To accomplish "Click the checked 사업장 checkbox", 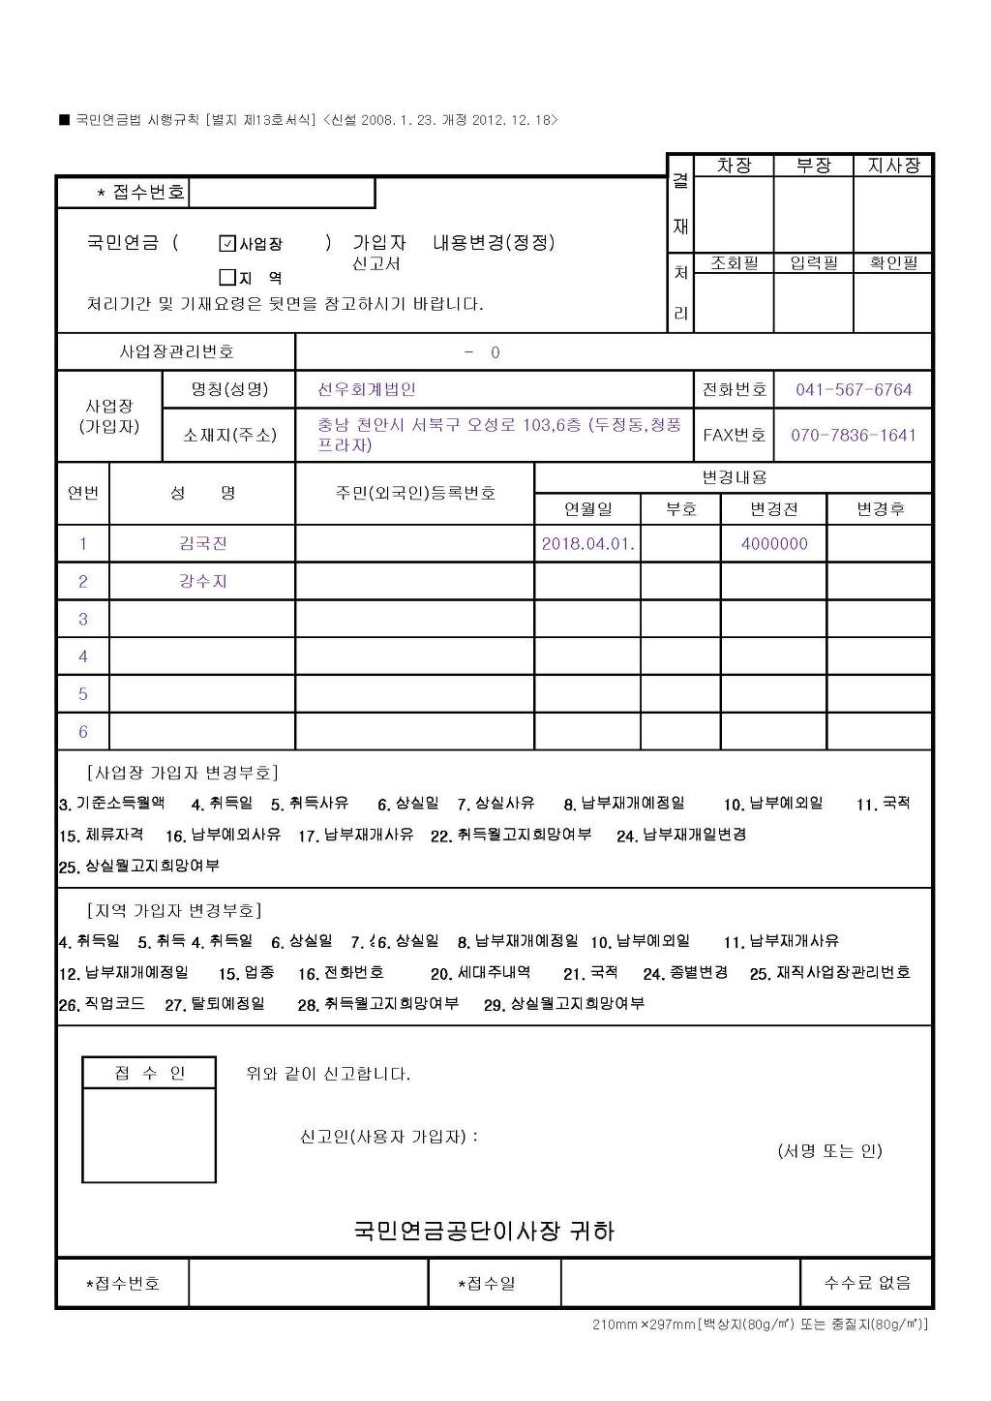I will point(228,243).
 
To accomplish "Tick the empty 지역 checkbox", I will point(228,278).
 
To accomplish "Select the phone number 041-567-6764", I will point(854,390).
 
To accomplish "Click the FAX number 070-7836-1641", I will point(854,435).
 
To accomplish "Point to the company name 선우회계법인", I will point(367,390).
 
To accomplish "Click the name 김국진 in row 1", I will point(203,543).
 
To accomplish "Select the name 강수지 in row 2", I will point(203,581).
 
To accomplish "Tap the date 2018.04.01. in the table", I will point(587,543).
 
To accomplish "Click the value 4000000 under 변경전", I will point(774,543).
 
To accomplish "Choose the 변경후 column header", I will point(880,509).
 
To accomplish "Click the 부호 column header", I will point(681,509).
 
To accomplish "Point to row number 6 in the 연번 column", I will point(83,732).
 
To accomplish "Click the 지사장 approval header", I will point(893,166).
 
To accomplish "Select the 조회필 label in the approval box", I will point(735,263).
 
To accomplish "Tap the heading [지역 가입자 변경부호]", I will point(174,911).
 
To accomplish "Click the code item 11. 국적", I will point(883,804).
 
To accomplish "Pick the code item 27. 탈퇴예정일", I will point(215,1004).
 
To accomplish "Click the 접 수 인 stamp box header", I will point(149,1073).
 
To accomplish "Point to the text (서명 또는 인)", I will point(829,1151).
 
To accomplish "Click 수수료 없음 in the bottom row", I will point(867,1283).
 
